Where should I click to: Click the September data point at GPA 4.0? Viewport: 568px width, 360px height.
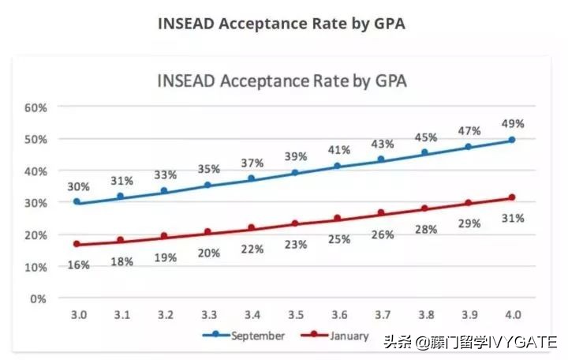(x=512, y=140)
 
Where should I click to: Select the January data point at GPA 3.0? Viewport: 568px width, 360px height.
(x=77, y=244)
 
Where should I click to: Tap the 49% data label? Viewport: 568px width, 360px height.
(x=512, y=123)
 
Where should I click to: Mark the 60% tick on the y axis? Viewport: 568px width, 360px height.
(x=36, y=107)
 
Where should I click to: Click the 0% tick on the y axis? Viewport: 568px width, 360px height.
(x=39, y=298)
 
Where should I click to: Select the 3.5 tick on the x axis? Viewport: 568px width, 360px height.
(x=296, y=315)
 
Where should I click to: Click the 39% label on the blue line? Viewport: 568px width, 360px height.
(x=295, y=156)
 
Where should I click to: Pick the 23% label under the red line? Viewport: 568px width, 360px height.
(x=295, y=244)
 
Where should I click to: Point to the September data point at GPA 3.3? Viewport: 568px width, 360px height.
(x=207, y=185)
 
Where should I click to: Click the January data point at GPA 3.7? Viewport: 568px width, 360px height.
(x=381, y=212)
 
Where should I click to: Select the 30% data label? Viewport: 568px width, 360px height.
(x=78, y=187)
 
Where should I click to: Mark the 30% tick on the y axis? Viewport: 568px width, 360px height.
(x=36, y=203)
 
